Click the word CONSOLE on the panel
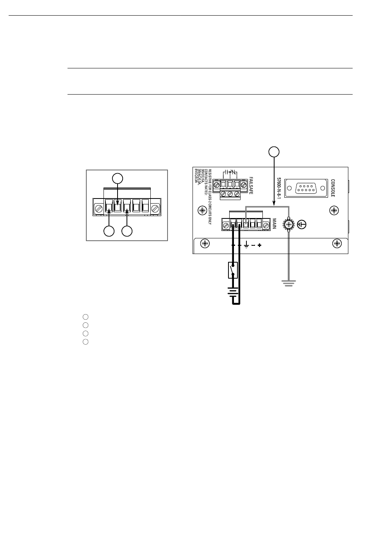tap(333, 188)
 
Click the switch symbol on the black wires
tap(233, 270)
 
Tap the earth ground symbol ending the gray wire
tap(289, 283)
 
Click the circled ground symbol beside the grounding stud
tap(302, 225)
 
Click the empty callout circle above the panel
tap(274, 151)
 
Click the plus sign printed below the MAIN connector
tap(259, 245)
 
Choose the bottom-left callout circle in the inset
tap(109, 231)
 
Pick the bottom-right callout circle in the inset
tap(127, 231)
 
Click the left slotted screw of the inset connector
tap(99, 207)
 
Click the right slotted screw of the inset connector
tap(155, 207)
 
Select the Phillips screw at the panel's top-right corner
tap(334, 211)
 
